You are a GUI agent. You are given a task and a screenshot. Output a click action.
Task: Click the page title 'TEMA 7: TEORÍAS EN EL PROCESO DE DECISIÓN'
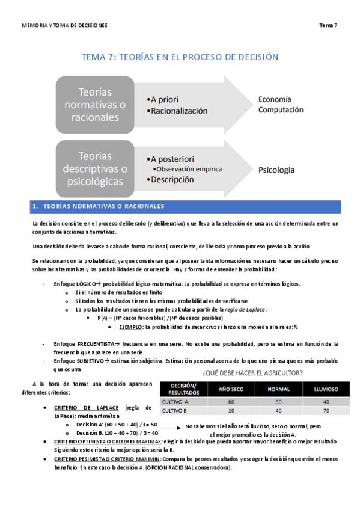pos(180,57)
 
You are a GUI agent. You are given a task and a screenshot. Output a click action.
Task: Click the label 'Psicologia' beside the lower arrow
pos(276,170)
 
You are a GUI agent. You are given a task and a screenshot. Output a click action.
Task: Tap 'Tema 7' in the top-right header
pos(328,26)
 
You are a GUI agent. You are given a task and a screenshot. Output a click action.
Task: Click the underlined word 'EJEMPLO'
pos(130,326)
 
